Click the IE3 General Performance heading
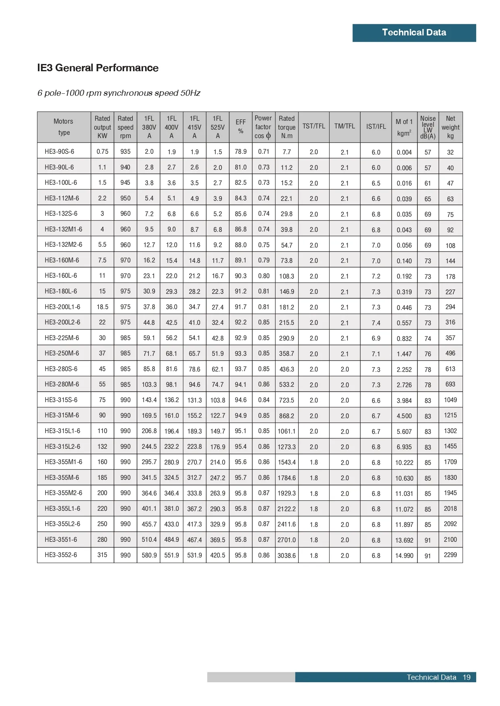98,68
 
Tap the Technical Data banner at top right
414,33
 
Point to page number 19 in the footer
466,677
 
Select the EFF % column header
241,126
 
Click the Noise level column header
427,127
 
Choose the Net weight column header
450,127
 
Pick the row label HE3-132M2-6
63,245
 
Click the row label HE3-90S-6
59,152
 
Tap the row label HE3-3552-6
61,555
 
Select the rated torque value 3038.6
286,555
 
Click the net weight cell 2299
450,555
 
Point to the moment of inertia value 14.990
404,555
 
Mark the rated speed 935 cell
125,152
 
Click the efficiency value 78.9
241,152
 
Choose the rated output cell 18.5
102,307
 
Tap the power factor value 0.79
263,260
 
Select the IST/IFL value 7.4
376,323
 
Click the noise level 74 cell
427,339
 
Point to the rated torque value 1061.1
286,431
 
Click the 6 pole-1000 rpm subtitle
119,93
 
